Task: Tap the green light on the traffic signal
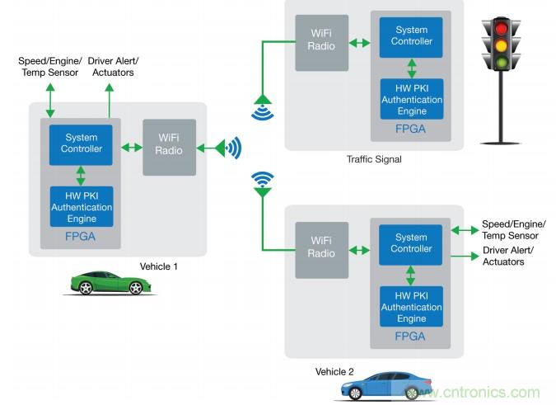501,61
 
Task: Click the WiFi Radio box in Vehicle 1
170,148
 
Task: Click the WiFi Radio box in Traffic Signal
322,40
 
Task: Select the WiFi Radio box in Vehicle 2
322,250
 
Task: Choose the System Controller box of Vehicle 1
81,144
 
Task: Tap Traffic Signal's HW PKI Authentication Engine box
411,100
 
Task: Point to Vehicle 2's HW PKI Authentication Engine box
411,308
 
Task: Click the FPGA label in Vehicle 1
81,236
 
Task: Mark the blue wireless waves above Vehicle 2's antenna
263,177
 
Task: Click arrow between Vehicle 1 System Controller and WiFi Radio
133,148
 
